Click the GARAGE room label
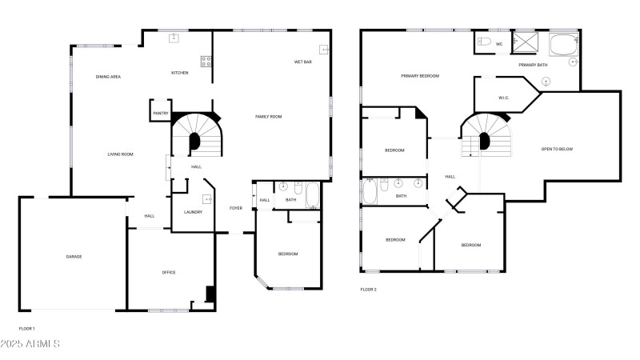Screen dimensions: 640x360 point(74,257)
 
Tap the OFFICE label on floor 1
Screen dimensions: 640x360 point(169,272)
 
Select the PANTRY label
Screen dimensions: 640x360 point(161,113)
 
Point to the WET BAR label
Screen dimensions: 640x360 point(303,62)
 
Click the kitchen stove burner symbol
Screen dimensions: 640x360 point(206,62)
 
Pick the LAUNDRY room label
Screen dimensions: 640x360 point(193,212)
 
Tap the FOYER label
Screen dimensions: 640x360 point(236,208)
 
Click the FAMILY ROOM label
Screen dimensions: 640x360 point(269,117)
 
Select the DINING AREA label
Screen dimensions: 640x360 point(108,77)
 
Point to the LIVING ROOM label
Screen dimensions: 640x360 point(121,154)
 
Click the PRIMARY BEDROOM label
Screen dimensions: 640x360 point(420,76)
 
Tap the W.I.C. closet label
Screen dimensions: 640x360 point(504,98)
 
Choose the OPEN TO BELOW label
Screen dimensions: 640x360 point(557,149)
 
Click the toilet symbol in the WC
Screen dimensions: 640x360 point(485,42)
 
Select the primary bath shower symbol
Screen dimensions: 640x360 point(525,42)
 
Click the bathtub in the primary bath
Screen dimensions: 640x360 point(564,45)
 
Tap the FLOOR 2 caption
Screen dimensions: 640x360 point(368,290)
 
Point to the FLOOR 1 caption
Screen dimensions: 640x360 point(27,329)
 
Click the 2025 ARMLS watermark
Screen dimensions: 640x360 point(30,344)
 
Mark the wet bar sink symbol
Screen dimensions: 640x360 point(324,50)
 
